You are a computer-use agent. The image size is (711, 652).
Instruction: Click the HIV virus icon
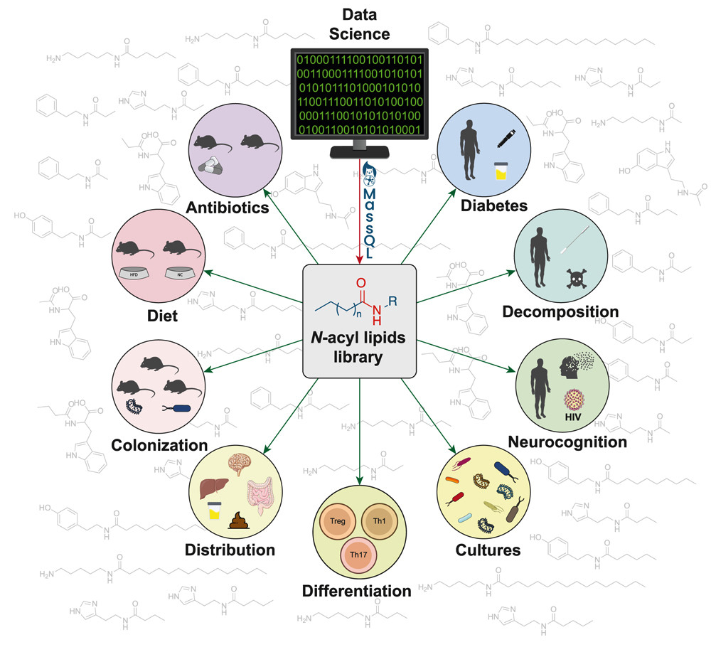tap(572, 405)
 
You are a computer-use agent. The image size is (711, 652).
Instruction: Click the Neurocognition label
tap(567, 442)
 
